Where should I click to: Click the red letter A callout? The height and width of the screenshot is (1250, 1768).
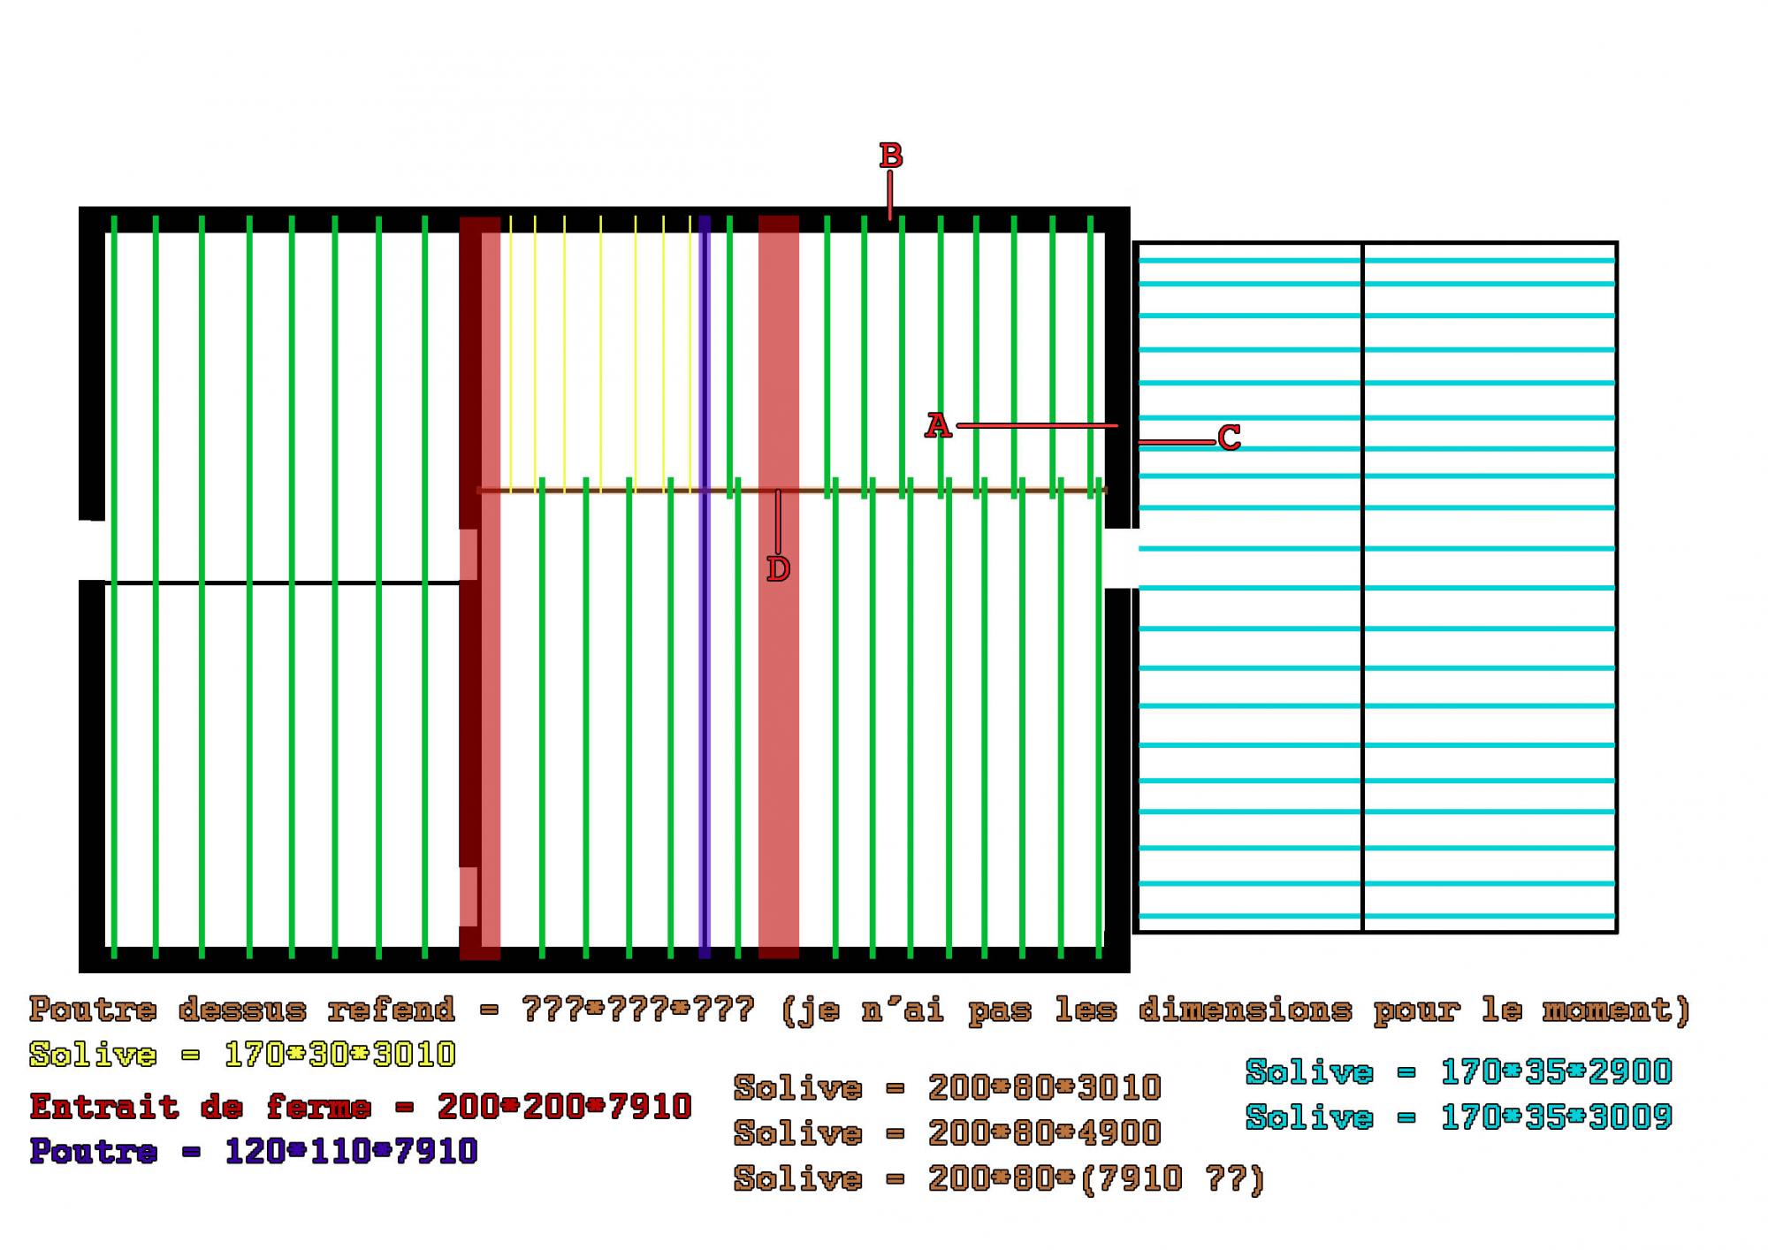click(937, 426)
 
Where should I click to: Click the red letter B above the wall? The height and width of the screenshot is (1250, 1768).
click(890, 156)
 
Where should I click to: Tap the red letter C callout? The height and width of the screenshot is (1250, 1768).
click(1229, 438)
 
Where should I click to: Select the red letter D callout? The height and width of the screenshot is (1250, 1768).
click(778, 569)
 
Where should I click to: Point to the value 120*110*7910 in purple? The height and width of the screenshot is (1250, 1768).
click(351, 1151)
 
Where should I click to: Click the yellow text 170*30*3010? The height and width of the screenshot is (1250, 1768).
click(339, 1054)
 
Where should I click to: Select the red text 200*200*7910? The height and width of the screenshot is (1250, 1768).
click(564, 1106)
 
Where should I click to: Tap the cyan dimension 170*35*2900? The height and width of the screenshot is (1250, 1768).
click(1556, 1071)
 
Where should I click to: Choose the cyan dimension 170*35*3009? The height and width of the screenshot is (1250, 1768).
click(1556, 1117)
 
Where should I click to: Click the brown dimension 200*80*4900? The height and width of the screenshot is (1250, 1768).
click(1044, 1132)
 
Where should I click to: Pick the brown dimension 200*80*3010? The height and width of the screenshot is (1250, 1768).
click(1044, 1087)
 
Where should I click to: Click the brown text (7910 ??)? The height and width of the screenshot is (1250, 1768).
click(1172, 1178)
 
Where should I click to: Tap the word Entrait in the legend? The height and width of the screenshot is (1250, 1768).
click(104, 1106)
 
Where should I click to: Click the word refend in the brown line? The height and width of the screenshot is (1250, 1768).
click(391, 1009)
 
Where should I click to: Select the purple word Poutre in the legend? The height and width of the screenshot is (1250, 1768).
click(93, 1151)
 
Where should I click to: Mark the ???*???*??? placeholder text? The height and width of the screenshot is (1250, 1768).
click(638, 1009)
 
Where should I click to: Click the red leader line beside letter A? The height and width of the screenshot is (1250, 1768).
click(1036, 426)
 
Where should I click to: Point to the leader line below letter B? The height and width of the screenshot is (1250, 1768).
click(890, 194)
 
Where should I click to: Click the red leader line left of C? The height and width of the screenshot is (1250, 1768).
click(1176, 442)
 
